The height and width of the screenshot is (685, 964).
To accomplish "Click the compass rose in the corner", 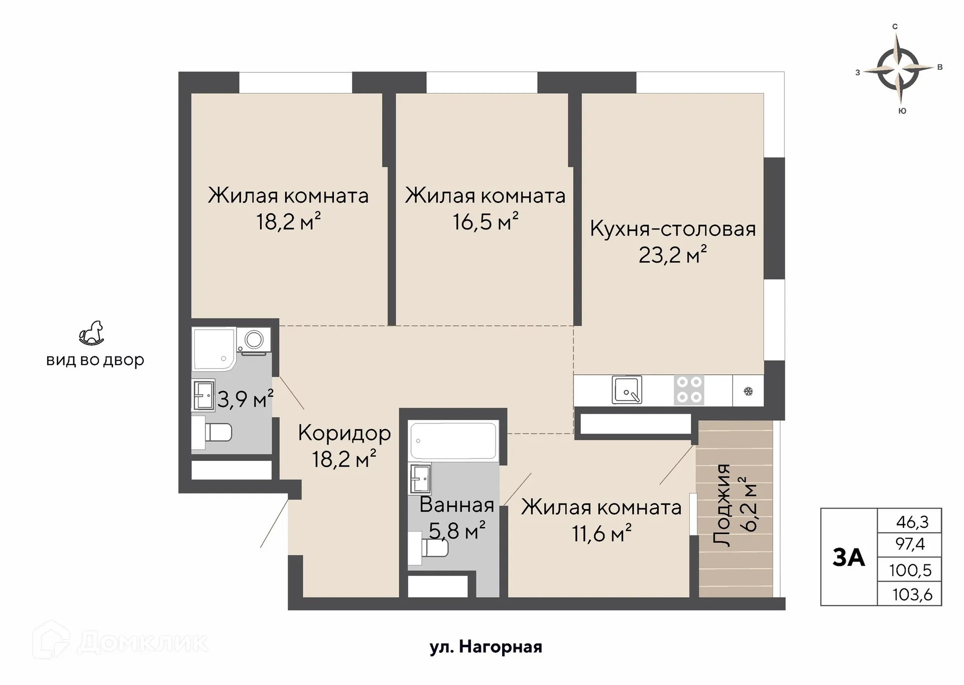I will click(898, 69).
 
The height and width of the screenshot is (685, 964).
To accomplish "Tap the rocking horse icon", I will click(91, 333).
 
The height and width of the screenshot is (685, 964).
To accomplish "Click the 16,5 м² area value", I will click(486, 221).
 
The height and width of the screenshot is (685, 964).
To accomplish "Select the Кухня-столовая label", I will click(673, 229).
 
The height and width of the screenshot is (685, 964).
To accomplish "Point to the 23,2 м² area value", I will click(672, 255).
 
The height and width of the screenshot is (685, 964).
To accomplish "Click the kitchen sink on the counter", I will click(627, 390).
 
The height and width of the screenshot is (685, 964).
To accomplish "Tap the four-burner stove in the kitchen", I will click(689, 390).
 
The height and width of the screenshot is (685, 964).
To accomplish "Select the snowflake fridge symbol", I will click(748, 391).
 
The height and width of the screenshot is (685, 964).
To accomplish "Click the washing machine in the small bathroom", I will click(255, 340).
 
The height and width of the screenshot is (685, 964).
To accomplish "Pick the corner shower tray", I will click(213, 349).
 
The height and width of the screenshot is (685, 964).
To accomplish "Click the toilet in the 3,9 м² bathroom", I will click(213, 432).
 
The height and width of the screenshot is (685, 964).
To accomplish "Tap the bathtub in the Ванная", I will click(453, 440).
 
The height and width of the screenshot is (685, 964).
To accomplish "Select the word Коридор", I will click(344, 433).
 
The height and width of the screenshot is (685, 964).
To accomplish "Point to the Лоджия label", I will click(722, 505).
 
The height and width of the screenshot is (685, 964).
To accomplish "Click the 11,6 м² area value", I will click(601, 533).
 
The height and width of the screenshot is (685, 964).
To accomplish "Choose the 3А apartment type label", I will click(849, 557).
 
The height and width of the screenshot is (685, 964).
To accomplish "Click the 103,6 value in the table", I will click(912, 595).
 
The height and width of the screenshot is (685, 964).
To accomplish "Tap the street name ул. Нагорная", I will click(486, 647).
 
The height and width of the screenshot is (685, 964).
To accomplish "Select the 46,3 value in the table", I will click(912, 522).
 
